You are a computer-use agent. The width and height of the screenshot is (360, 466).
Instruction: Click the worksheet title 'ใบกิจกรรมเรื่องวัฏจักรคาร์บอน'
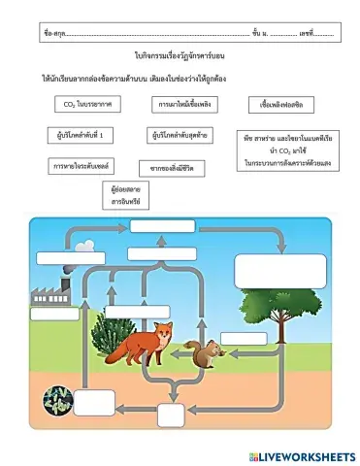180,58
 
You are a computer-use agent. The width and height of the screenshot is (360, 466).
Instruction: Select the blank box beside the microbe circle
94,401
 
